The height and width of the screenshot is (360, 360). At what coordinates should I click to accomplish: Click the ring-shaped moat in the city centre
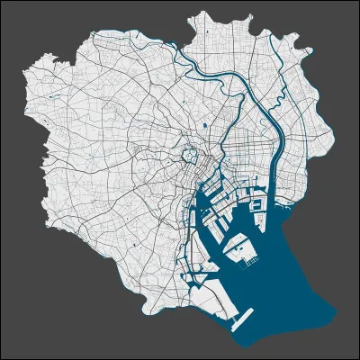188,156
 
